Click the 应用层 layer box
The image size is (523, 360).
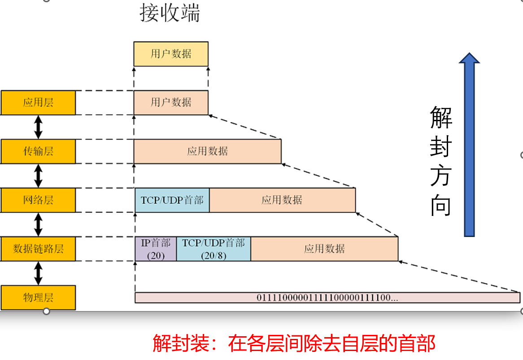tap(38, 103)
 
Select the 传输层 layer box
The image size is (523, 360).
tap(38, 151)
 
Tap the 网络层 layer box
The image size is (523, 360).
tap(38, 200)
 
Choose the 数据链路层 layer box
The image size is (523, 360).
tap(38, 249)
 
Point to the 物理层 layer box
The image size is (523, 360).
tap(38, 297)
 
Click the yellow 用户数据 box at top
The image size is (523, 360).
tap(171, 54)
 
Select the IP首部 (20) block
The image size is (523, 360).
tap(156, 249)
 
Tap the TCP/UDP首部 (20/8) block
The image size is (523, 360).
tap(214, 249)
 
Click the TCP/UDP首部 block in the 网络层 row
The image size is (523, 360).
tap(172, 200)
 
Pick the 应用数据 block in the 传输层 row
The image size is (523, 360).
tap(207, 151)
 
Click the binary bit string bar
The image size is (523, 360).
tap(327, 298)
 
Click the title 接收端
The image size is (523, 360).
tap(170, 14)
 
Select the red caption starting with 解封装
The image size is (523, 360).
tap(294, 344)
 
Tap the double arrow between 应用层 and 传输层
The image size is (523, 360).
tap(38, 127)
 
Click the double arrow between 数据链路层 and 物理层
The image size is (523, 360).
tap(38, 273)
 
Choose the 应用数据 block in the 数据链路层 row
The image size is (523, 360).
tap(324, 249)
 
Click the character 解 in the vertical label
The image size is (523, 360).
tap(441, 118)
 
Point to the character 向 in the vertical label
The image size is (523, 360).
tap(441, 205)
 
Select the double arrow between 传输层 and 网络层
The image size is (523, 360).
tap(38, 176)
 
